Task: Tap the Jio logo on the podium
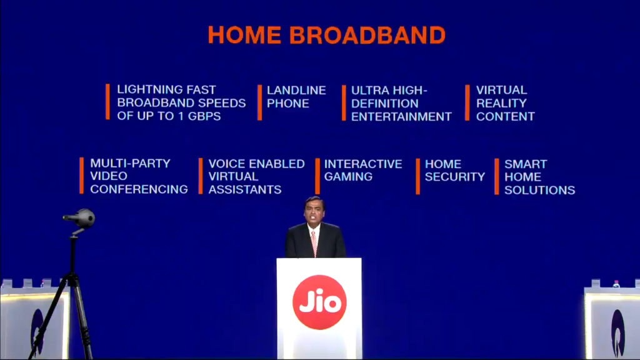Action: point(319,302)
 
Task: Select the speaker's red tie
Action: point(314,243)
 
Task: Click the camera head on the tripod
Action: point(81,217)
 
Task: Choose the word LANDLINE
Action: point(296,90)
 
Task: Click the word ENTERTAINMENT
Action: point(401,116)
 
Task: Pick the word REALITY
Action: point(501,103)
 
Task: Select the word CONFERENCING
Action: point(139,189)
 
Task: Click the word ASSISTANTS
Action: point(245,189)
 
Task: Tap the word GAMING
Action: point(348,177)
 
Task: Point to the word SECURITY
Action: point(455,177)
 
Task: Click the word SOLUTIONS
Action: point(539,190)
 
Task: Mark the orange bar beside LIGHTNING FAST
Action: point(107,102)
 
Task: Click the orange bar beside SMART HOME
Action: point(497,176)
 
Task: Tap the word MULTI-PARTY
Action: point(130,164)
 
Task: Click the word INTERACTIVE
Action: point(363,164)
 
